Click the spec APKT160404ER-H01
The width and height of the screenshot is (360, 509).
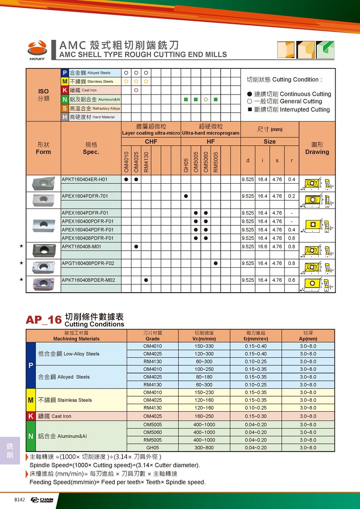coord(85,180)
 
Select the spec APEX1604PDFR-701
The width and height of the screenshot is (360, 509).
coord(85,196)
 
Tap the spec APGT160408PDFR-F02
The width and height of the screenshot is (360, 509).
coord(88,263)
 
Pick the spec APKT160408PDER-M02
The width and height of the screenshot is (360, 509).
coord(88,280)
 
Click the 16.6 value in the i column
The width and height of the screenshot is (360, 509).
coord(263,247)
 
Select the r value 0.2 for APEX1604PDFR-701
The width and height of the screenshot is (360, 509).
coord(292,196)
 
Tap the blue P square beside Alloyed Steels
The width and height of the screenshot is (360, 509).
coord(65,73)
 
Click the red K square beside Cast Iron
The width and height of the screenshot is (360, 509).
coord(65,90)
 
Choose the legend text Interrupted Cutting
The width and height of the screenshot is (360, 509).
coord(305,109)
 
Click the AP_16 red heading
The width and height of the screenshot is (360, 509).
coord(44,320)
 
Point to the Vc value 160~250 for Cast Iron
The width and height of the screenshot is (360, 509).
coord(204,416)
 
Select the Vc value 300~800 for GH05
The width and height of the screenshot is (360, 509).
coord(204,448)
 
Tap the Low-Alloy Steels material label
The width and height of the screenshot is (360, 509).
coord(69,354)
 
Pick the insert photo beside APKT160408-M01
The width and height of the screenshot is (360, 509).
coord(44,249)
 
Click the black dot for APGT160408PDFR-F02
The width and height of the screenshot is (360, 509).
coord(216,263)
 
